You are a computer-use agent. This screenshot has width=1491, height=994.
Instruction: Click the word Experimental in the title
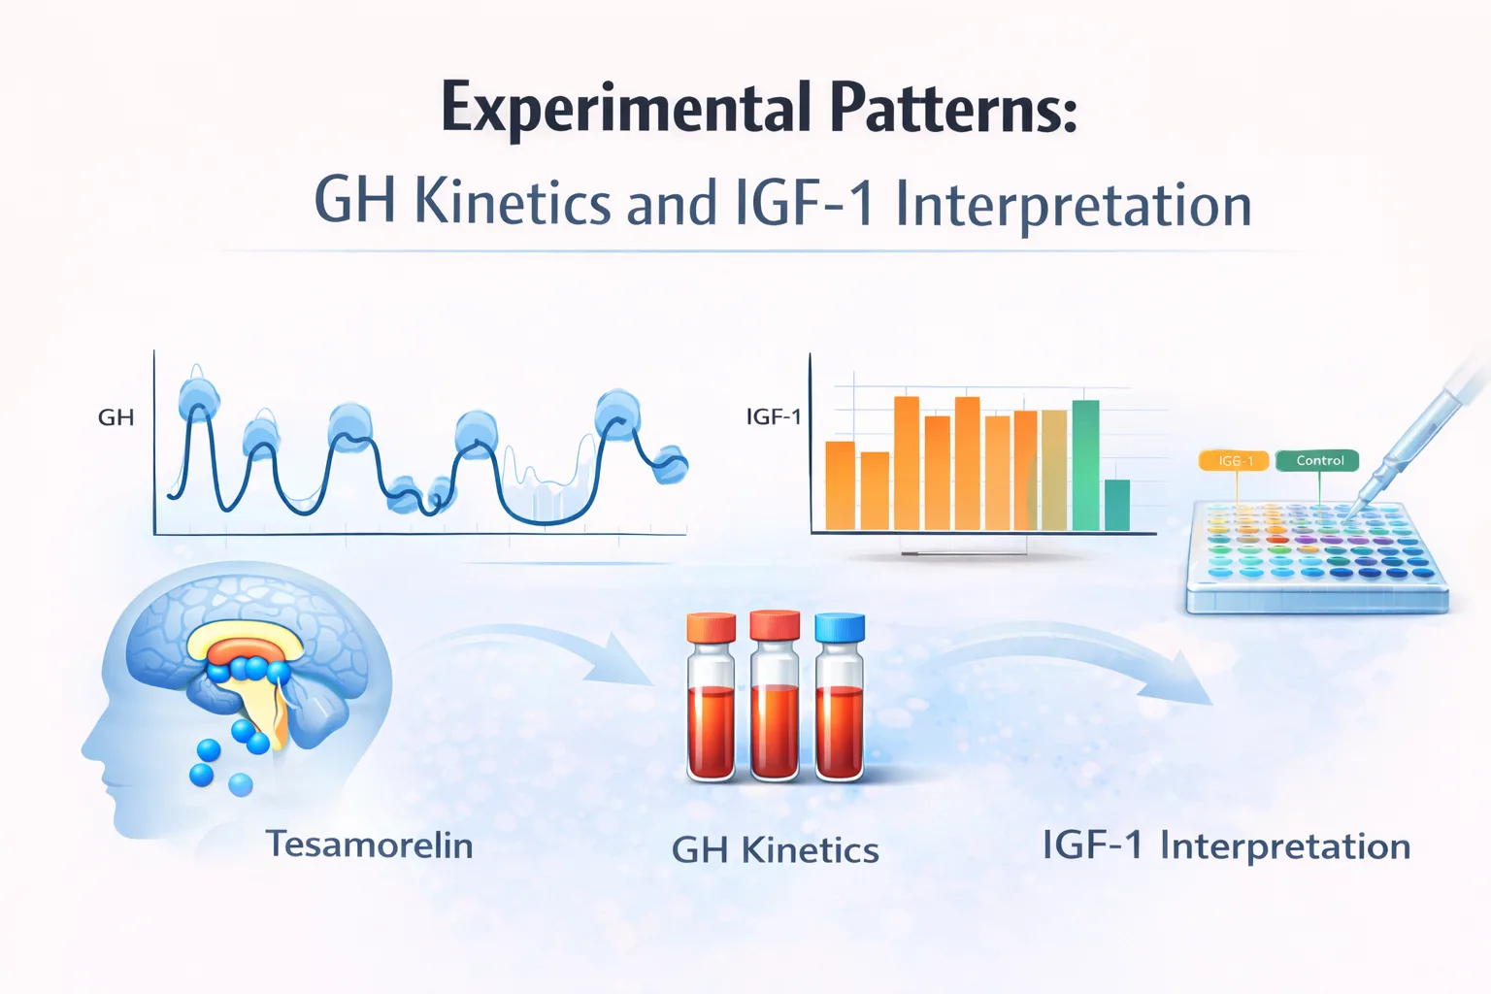tap(625, 109)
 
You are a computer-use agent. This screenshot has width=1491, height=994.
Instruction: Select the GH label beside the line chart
tap(116, 417)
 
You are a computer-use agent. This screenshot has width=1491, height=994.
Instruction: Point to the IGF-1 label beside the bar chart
tap(774, 416)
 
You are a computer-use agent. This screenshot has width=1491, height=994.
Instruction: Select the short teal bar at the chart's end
tap(1117, 505)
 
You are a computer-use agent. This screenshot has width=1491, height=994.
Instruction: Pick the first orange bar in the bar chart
tap(840, 485)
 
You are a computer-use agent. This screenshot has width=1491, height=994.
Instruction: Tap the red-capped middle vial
tap(775, 699)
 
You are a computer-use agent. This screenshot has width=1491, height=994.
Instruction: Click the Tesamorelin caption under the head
tap(369, 845)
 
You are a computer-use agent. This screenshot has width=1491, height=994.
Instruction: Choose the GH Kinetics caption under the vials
tap(775, 850)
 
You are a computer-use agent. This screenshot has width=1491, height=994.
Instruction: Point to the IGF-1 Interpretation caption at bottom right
tap(1225, 845)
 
